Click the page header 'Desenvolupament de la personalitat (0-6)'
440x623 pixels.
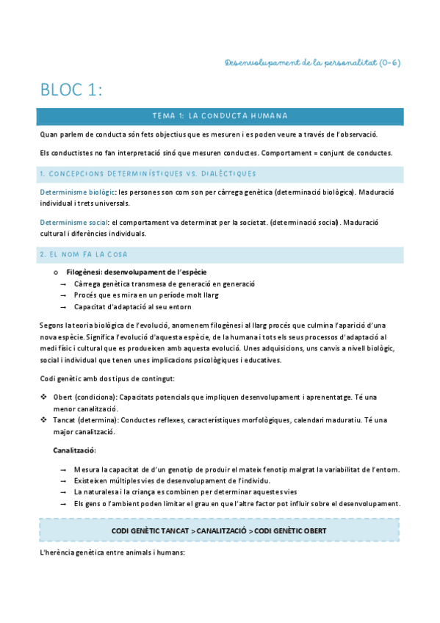[313, 62]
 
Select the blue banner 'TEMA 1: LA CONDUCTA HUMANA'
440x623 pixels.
[220, 116]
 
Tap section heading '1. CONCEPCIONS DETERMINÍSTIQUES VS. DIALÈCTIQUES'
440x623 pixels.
[148, 173]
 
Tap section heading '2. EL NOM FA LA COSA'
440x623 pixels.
[84, 254]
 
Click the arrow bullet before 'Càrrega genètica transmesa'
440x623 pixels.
[64, 284]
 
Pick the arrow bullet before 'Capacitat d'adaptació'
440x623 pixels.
[64, 306]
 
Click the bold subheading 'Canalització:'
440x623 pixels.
[74, 450]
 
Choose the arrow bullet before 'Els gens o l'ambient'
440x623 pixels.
[64, 503]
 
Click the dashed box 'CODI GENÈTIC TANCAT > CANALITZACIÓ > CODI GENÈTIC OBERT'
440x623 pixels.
[220, 530]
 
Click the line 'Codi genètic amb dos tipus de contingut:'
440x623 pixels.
[107, 378]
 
